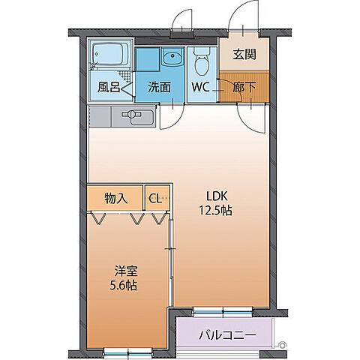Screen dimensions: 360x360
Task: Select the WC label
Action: click(200, 87)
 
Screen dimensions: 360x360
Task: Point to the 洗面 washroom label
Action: click(160, 87)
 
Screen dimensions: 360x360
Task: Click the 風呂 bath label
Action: click(109, 87)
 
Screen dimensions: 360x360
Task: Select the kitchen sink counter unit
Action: click(121, 116)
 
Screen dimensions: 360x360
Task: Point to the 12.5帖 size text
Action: click(214, 211)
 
